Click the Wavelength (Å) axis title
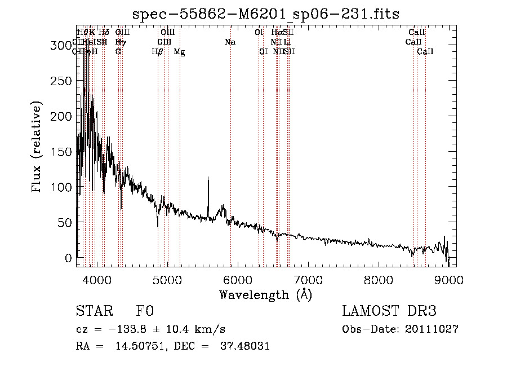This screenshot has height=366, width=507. click(x=265, y=294)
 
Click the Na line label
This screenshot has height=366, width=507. click(x=230, y=42)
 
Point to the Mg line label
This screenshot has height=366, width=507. click(x=179, y=52)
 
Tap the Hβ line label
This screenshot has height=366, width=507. click(x=158, y=52)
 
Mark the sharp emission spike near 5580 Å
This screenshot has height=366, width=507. click(x=208, y=179)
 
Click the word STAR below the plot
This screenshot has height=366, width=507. click(x=94, y=312)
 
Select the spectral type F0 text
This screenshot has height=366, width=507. click(x=144, y=312)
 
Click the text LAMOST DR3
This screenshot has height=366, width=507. click(x=389, y=312)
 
